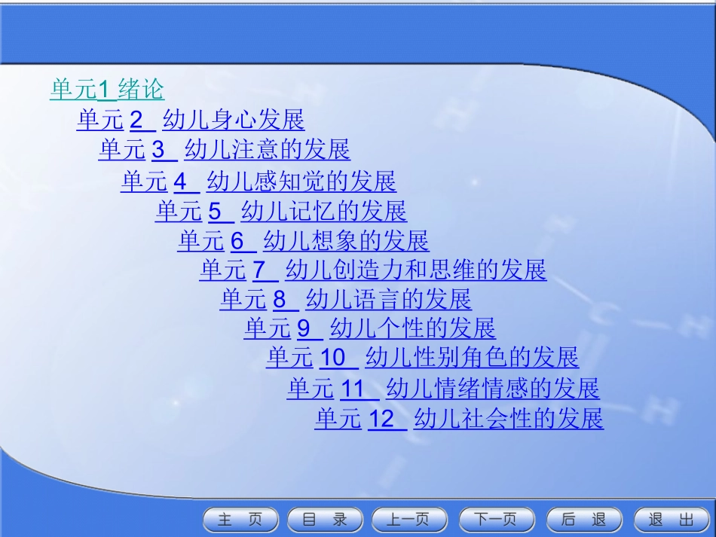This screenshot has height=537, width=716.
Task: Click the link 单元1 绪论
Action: click(x=106, y=90)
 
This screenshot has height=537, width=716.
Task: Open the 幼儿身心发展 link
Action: click(x=233, y=120)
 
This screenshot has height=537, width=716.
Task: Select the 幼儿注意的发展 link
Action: click(x=267, y=150)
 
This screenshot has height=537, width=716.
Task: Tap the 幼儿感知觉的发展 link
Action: click(x=301, y=182)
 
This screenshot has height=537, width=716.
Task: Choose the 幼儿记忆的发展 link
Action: click(x=323, y=211)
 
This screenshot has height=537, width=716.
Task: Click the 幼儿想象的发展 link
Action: click(x=346, y=241)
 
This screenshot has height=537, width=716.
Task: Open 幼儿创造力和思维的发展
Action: click(x=415, y=270)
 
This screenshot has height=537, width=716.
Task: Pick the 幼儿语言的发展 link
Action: click(x=388, y=300)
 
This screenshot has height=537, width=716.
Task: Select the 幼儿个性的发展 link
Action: click(x=412, y=328)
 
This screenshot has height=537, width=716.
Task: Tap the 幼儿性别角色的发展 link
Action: click(x=472, y=358)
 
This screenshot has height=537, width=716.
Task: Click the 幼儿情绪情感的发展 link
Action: click(x=492, y=389)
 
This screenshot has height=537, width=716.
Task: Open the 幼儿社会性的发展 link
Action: click(x=509, y=419)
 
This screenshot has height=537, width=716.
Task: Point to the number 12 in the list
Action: click(x=382, y=419)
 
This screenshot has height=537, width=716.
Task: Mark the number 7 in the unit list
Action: click(x=260, y=270)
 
